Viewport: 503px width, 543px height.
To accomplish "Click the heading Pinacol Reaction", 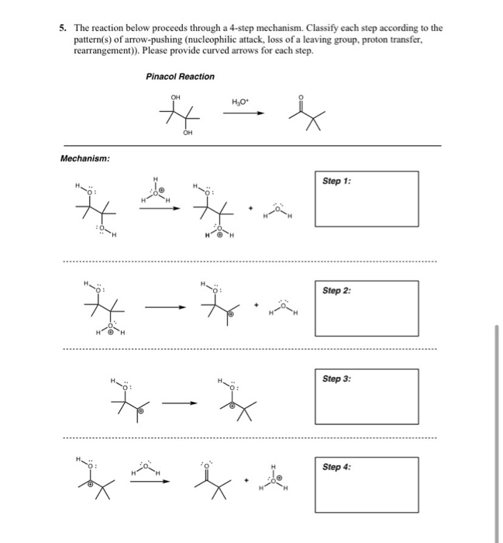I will (180, 76).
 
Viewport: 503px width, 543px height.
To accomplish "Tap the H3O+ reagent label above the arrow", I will (238, 101).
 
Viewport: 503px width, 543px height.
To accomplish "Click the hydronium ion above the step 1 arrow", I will (153, 192).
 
